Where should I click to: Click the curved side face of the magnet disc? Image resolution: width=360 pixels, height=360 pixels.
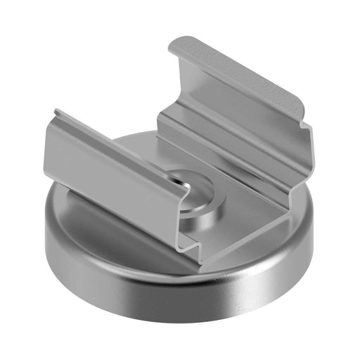pos(141,281)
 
